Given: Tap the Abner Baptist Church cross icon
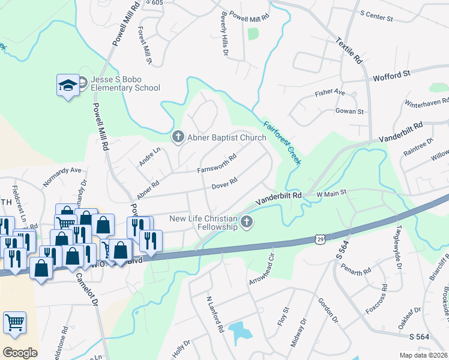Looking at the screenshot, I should click(178, 137).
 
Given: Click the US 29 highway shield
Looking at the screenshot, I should click(318, 239).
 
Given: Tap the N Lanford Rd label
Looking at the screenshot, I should click(215, 314).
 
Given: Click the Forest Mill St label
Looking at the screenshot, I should click(144, 45).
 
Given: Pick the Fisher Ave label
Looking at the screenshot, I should click(330, 93).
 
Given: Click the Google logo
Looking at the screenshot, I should click(20, 352).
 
